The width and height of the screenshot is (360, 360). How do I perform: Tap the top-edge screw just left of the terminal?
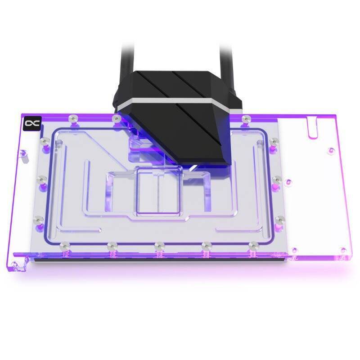coord(117,118)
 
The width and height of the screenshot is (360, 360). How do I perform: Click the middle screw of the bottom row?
coord(158,246)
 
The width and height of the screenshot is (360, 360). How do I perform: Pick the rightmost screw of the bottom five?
coord(254,246)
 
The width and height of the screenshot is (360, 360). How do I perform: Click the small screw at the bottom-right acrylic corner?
coord(343,250)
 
